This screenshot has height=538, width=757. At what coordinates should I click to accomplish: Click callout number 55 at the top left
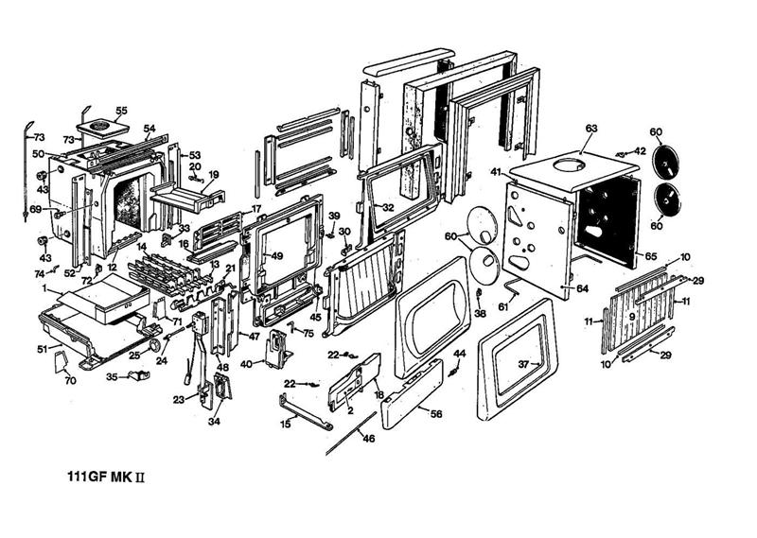(x=121, y=110)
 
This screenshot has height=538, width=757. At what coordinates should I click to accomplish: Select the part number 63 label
(x=591, y=127)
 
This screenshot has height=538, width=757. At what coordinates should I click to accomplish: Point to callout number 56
(x=436, y=413)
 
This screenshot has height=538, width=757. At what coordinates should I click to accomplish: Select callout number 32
(x=387, y=207)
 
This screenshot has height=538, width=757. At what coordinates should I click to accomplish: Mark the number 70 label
(x=69, y=381)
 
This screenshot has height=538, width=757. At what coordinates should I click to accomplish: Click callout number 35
(x=111, y=375)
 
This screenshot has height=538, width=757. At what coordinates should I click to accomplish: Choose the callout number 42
(x=640, y=150)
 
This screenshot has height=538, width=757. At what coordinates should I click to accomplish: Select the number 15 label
(x=286, y=424)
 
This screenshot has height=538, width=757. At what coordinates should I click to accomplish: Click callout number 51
(x=42, y=349)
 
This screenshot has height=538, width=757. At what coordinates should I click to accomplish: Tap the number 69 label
(x=35, y=209)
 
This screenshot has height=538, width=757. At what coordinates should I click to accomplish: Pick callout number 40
(x=246, y=363)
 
